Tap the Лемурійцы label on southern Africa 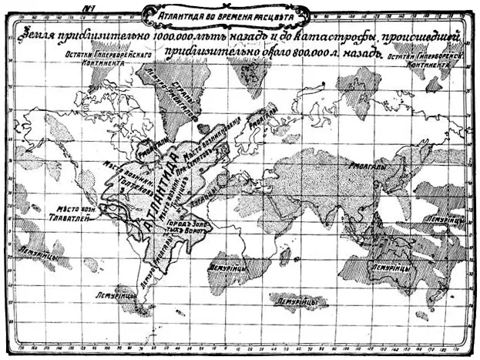[227, 267]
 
